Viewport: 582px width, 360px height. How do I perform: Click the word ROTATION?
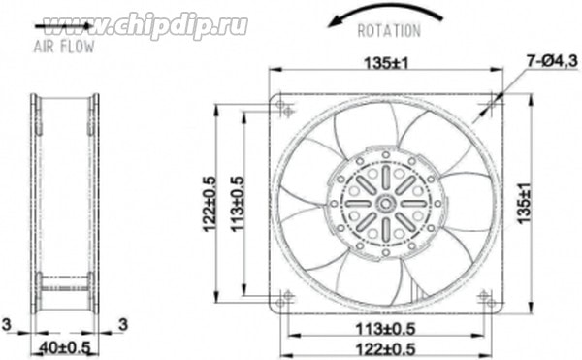coord(389,31)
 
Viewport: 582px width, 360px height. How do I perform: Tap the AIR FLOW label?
coord(64,47)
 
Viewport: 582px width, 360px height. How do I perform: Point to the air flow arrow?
coord(63,26)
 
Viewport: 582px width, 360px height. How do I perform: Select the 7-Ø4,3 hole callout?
coord(552,61)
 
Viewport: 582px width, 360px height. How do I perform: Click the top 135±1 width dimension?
coord(386,63)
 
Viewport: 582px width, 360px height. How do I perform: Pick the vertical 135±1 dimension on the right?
coord(524,203)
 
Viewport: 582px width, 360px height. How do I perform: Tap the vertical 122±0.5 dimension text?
coord(209,203)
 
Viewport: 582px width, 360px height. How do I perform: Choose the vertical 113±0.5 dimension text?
coord(238,203)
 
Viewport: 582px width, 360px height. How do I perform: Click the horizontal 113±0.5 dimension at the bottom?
coord(385,329)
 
